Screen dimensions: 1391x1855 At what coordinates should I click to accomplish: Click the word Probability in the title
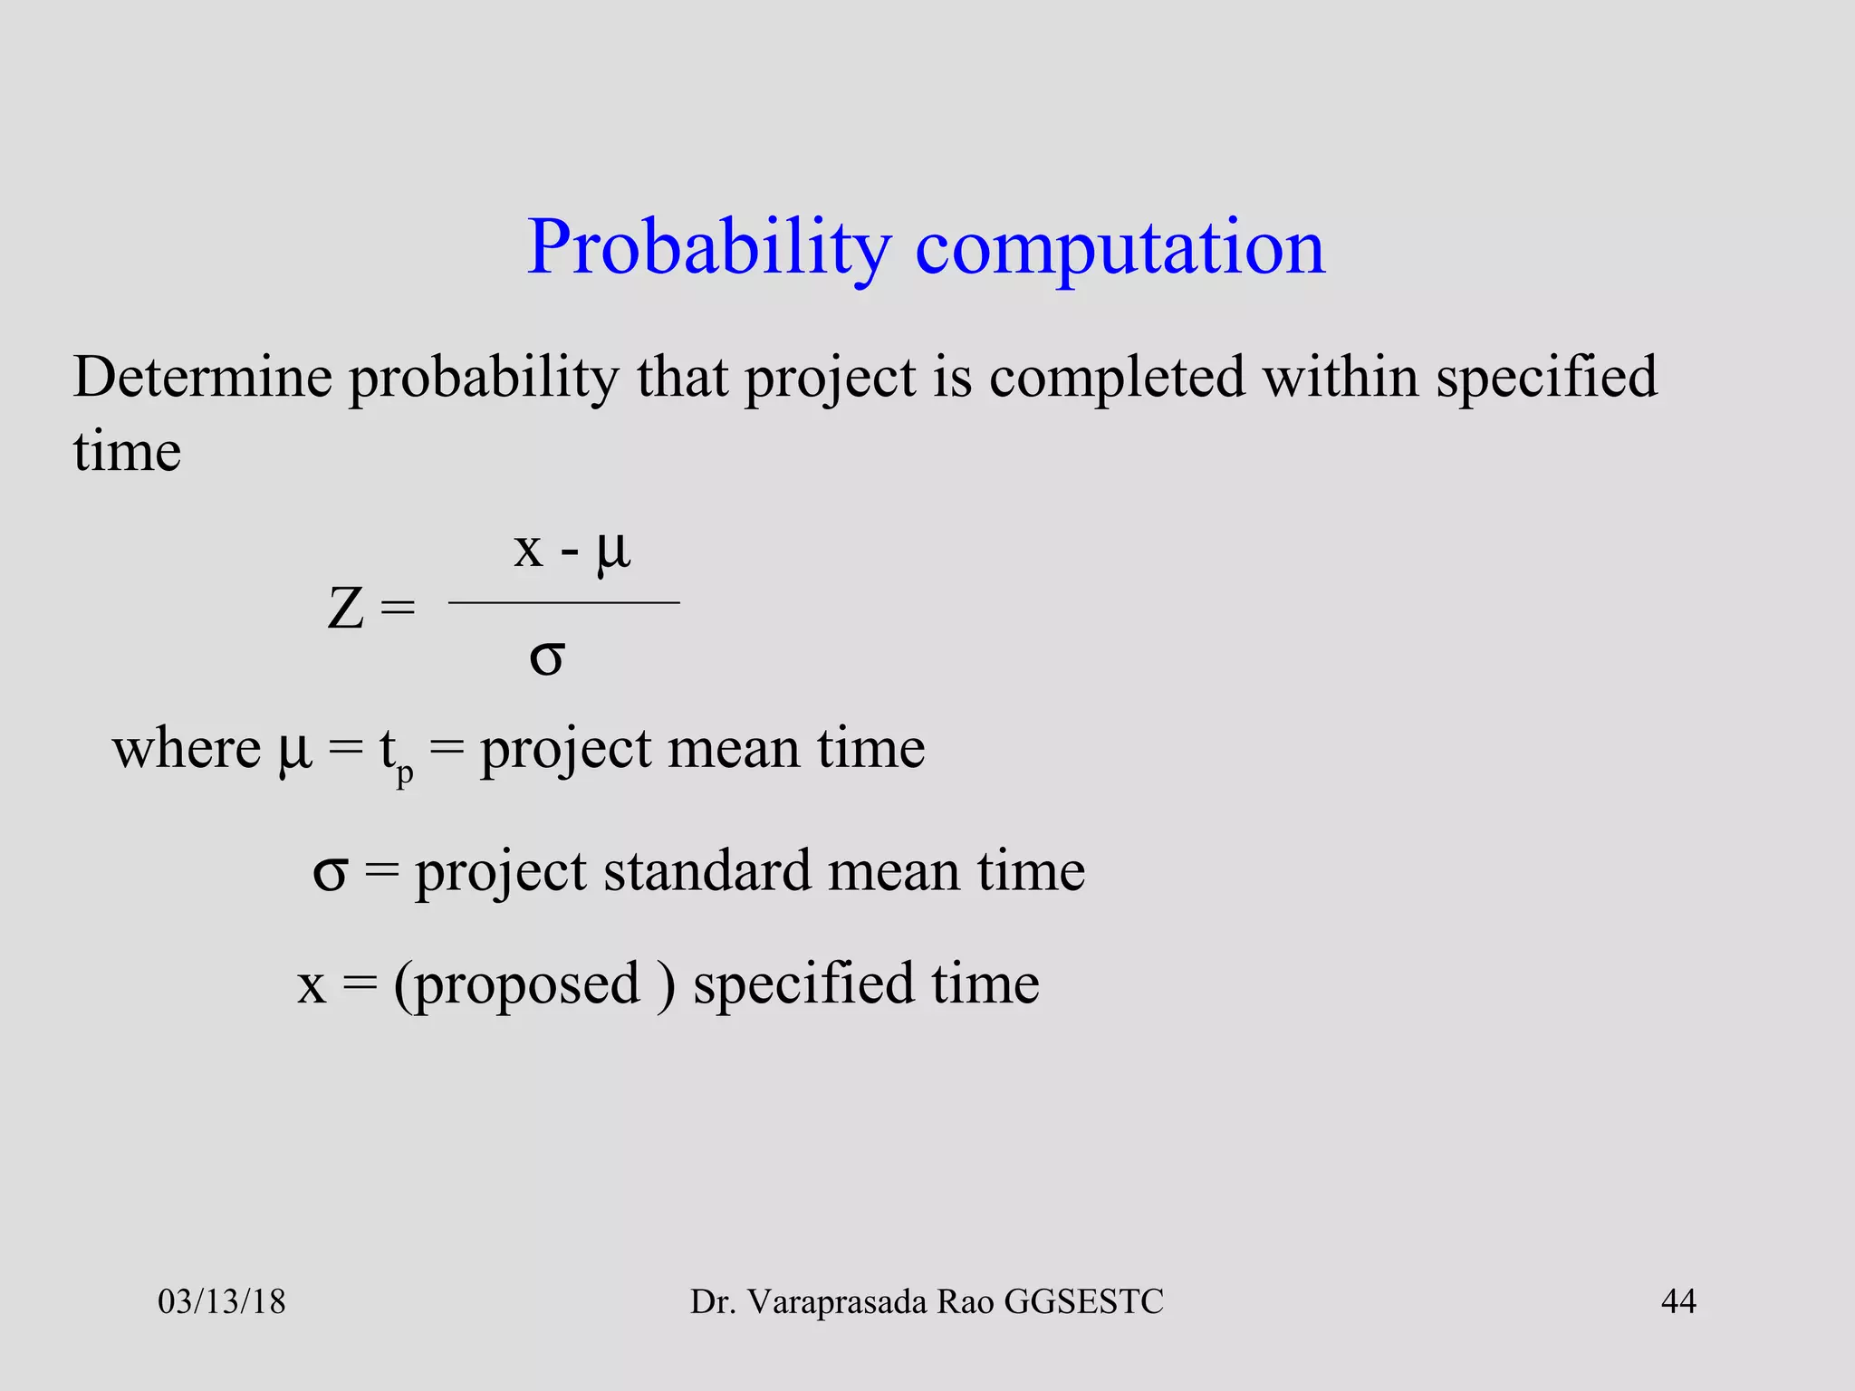709,247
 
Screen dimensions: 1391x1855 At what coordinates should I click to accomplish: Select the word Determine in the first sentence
202,377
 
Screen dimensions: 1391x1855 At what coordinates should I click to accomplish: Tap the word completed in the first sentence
1117,379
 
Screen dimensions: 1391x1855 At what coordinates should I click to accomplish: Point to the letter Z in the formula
346,609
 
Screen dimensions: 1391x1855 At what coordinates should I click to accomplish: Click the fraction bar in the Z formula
563,602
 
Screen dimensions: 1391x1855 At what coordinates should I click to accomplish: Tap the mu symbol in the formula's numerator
613,550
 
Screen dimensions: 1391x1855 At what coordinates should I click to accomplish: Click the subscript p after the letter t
405,774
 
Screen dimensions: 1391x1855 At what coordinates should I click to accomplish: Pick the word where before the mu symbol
187,749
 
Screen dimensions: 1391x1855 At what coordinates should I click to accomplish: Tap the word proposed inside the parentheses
528,984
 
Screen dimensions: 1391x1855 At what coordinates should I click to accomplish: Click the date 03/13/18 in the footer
222,1302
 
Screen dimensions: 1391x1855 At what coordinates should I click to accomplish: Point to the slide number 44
1678,1302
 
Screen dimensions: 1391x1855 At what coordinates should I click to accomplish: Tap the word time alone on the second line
127,452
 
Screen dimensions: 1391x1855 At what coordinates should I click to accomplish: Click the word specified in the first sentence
1546,379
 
